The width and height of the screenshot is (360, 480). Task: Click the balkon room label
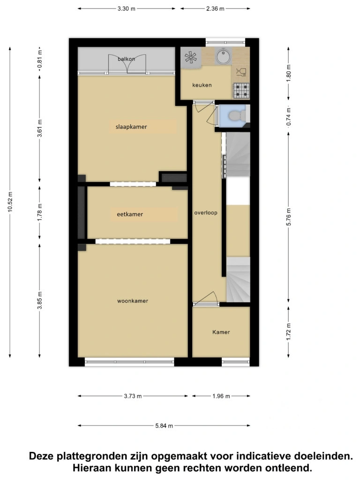coord(126,59)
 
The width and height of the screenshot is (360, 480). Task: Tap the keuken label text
coord(202,85)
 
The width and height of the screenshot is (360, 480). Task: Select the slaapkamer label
coord(131,127)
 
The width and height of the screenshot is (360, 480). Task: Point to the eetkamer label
coord(130,214)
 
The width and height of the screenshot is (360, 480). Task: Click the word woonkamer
coord(133,301)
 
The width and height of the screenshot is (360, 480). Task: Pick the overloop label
coord(206,213)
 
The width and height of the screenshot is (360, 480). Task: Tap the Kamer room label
coord(221,332)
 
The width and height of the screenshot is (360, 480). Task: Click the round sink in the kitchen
coord(224,56)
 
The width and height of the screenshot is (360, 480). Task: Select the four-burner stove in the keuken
coord(241,90)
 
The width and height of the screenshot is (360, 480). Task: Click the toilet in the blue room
coord(237,115)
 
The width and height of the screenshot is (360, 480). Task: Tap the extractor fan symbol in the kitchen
coord(190,57)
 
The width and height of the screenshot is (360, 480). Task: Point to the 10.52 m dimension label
coord(10,202)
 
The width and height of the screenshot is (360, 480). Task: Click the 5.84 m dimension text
coord(164,426)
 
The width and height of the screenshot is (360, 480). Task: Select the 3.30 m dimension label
coord(127,8)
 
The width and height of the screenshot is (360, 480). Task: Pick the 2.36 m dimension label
coord(215,8)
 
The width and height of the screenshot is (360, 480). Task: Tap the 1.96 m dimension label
coord(221,396)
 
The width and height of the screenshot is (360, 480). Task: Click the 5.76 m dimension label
coord(288,217)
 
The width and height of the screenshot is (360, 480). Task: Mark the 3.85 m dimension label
coord(40,300)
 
